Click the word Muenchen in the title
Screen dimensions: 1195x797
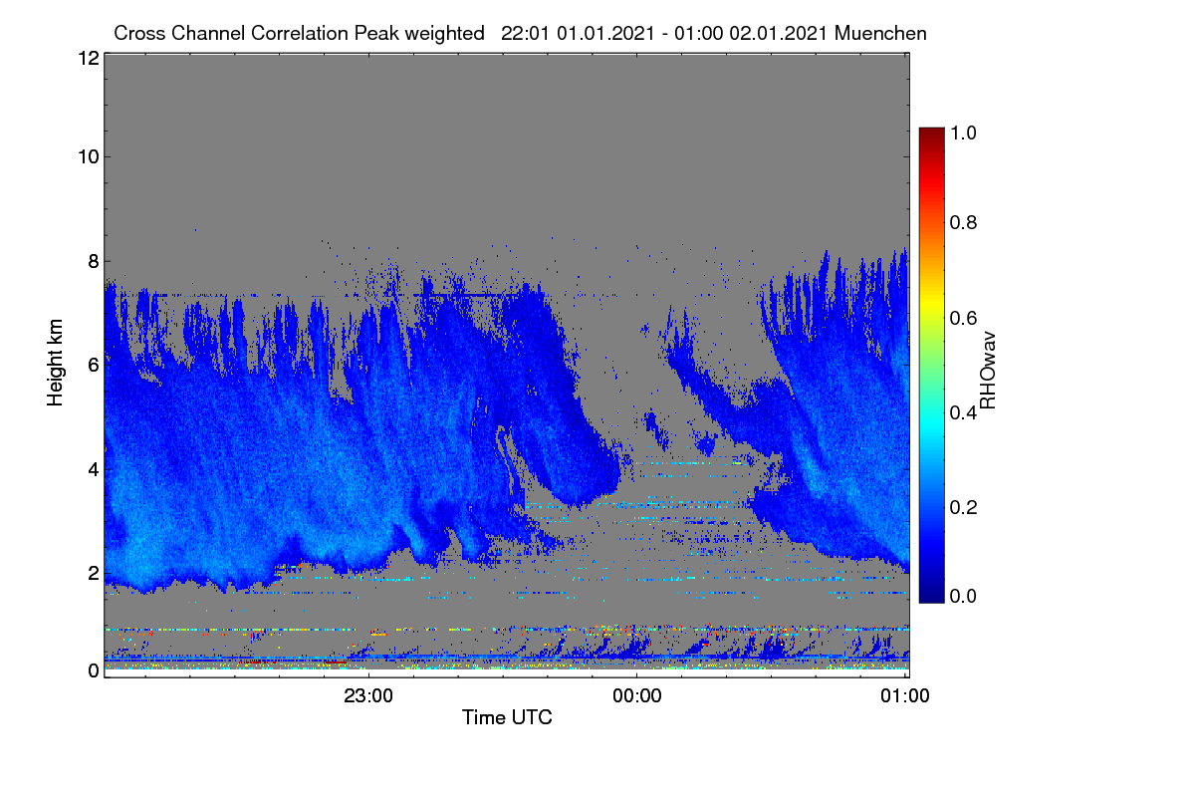880,33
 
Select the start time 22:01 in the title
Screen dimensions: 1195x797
525,33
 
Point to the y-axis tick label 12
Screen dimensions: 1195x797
89,58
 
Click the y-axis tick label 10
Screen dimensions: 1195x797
89,157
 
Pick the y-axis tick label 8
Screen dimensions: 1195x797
94,262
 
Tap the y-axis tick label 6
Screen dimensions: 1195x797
94,366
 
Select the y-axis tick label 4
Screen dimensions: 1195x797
94,470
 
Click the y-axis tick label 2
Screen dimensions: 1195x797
94,573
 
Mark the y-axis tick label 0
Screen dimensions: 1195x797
94,670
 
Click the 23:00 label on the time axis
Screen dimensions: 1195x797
368,696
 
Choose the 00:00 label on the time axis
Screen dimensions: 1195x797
637,696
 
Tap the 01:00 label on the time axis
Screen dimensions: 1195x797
905,696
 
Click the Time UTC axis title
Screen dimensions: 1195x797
507,717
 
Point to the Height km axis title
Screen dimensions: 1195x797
55,363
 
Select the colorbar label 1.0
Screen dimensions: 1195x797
963,133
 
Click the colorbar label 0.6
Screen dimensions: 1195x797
963,318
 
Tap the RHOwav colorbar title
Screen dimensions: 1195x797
988,371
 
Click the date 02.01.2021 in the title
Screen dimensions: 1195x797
778,33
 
